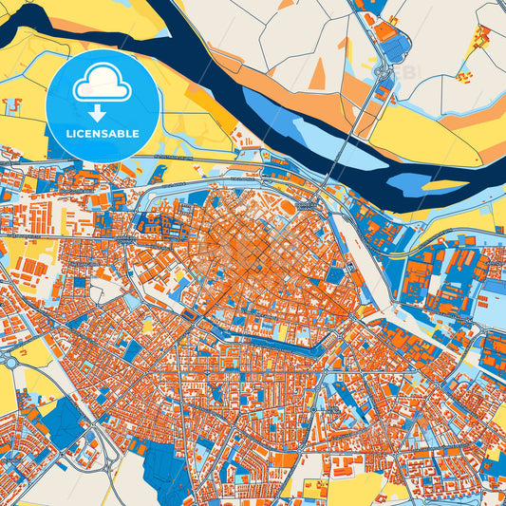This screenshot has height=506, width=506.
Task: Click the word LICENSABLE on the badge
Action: (x=103, y=132)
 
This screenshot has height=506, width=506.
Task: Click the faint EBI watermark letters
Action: (x=408, y=70)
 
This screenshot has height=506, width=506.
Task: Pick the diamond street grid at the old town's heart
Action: (x=252, y=249)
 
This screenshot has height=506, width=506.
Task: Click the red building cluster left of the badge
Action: (x=13, y=105)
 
